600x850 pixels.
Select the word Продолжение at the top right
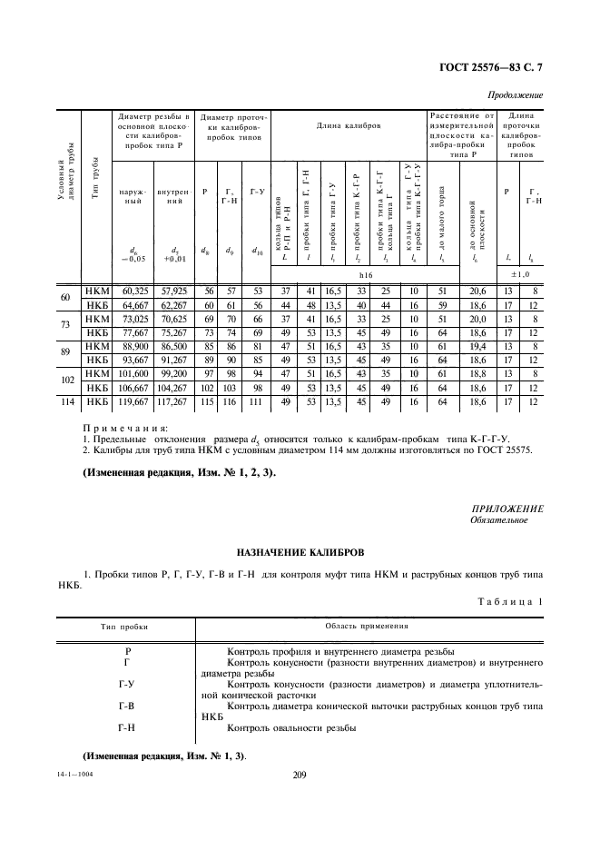tap(515, 94)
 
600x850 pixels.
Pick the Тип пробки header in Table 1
tap(125, 626)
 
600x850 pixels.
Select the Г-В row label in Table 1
tap(126, 705)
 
